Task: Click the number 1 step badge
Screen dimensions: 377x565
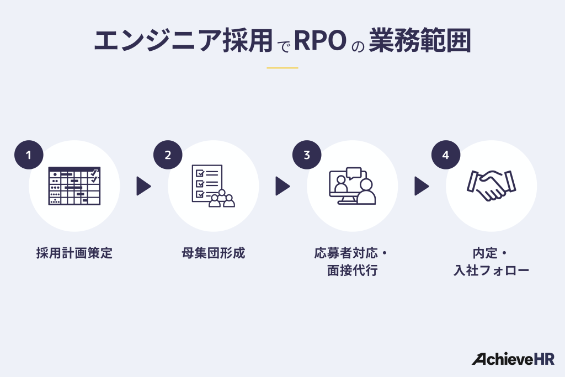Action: tap(29, 155)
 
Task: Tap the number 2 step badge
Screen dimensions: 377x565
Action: tap(168, 155)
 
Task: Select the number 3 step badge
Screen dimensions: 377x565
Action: tap(307, 155)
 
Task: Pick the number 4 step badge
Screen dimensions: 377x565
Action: tap(446, 155)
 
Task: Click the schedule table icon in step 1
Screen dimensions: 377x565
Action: tap(74, 186)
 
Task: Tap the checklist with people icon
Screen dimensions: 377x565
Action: tap(213, 186)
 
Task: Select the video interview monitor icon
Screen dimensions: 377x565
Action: tap(352, 186)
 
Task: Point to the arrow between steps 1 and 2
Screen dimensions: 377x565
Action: tap(143, 186)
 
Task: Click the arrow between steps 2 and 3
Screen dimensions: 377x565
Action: tap(282, 186)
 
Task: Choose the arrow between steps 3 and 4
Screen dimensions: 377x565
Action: tap(422, 186)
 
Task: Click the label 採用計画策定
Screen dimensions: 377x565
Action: tap(74, 253)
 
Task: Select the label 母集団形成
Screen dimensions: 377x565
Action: tap(213, 253)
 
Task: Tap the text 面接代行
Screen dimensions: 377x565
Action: tap(352, 271)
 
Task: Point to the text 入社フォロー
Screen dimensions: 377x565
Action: tap(491, 271)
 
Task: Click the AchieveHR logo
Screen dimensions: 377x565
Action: tap(513, 359)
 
